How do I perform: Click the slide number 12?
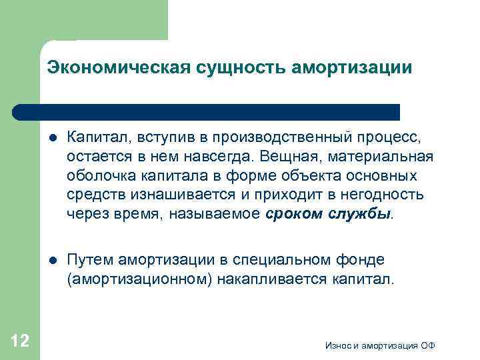click(x=20, y=341)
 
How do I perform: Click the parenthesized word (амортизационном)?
click(x=139, y=279)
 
